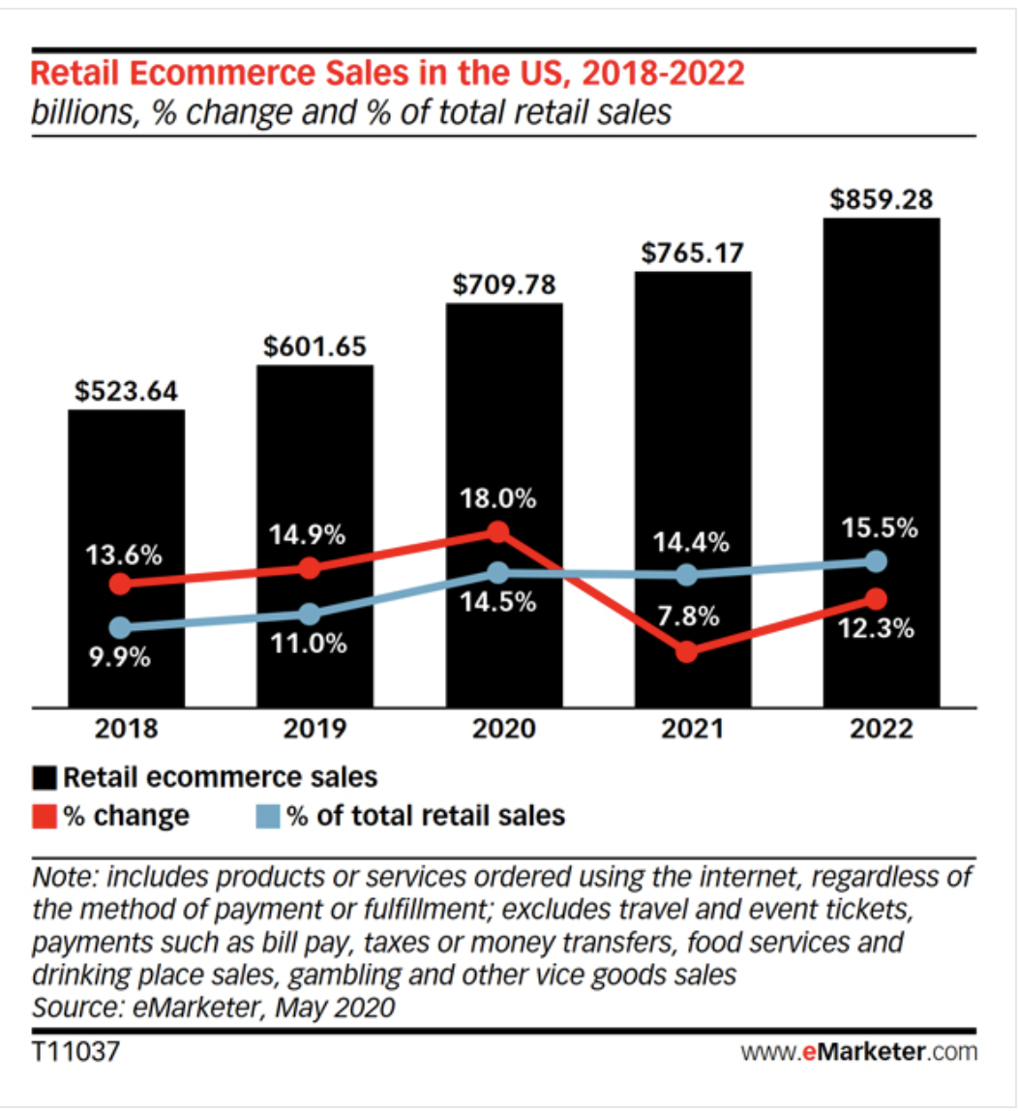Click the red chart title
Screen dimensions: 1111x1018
coord(388,74)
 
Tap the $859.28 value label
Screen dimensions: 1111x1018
coord(881,201)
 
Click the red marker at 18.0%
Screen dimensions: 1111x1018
coord(497,531)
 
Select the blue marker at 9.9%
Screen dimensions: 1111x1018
coord(120,627)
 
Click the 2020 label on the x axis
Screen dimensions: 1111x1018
coord(503,729)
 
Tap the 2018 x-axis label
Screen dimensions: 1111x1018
coord(125,729)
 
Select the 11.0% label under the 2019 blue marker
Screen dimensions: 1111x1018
coord(309,644)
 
